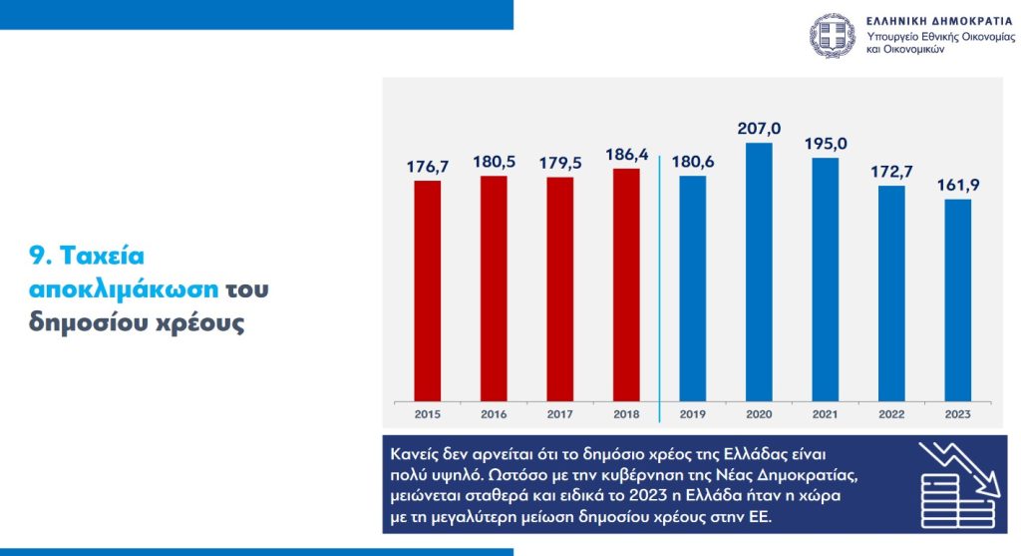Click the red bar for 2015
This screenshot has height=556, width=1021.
[x=428, y=289]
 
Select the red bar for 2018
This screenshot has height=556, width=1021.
[x=626, y=284]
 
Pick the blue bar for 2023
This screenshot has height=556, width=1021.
[x=957, y=299]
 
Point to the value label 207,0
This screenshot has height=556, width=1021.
[x=760, y=129]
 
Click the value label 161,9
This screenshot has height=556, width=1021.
[x=957, y=185]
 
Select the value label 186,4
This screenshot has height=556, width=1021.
[x=626, y=155]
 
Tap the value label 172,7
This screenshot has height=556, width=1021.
[x=890, y=172]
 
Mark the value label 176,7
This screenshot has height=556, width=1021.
[x=428, y=166]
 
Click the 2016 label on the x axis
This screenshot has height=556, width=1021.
[x=494, y=413]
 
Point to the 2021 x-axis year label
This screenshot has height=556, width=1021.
[x=825, y=413]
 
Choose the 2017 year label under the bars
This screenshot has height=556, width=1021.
[x=560, y=413]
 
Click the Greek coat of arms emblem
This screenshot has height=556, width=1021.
[x=833, y=35]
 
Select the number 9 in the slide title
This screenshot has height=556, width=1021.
[x=36, y=257]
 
